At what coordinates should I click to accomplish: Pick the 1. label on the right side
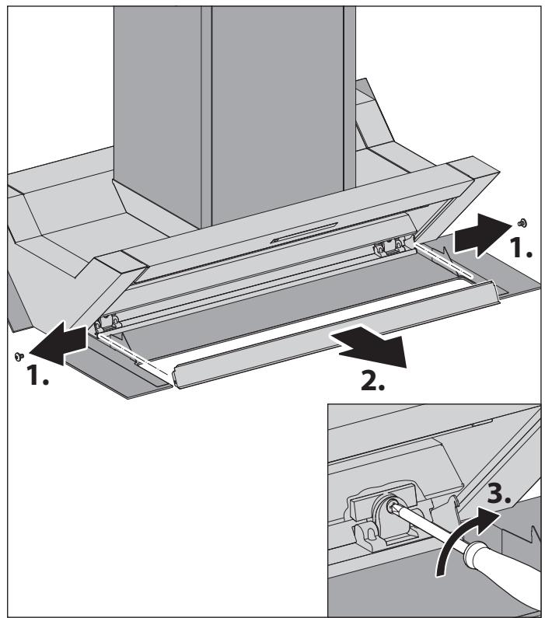pos(519,251)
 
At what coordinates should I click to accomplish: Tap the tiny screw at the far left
pos(18,356)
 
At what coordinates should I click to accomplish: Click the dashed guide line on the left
pos(136,354)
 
